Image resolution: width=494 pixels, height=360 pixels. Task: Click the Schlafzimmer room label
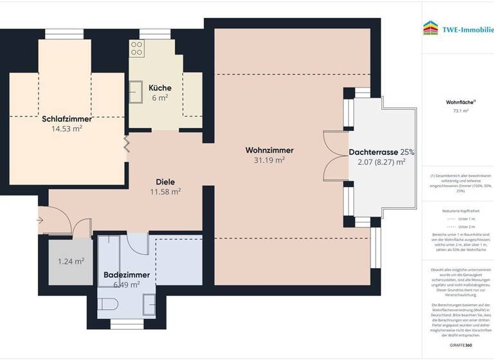[x=67, y=119]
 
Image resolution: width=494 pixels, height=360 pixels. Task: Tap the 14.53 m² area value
[x=67, y=129]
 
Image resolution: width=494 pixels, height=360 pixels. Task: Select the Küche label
[x=160, y=88]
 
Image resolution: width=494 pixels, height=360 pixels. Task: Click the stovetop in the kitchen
[x=136, y=47]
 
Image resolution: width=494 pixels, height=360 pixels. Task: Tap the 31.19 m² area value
[x=270, y=161]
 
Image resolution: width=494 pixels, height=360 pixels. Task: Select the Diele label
[x=165, y=182]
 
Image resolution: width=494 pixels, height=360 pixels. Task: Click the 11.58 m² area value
[x=165, y=192]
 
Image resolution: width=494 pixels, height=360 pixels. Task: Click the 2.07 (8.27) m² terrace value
[x=381, y=163]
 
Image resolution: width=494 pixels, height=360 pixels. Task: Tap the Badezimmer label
[x=127, y=275]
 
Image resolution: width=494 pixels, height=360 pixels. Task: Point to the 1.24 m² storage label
[x=71, y=261]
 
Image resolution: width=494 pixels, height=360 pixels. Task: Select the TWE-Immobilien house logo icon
[x=430, y=28]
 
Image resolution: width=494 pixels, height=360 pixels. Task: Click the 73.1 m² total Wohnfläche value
[x=461, y=111]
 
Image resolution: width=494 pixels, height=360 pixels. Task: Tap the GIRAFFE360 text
[x=461, y=345]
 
